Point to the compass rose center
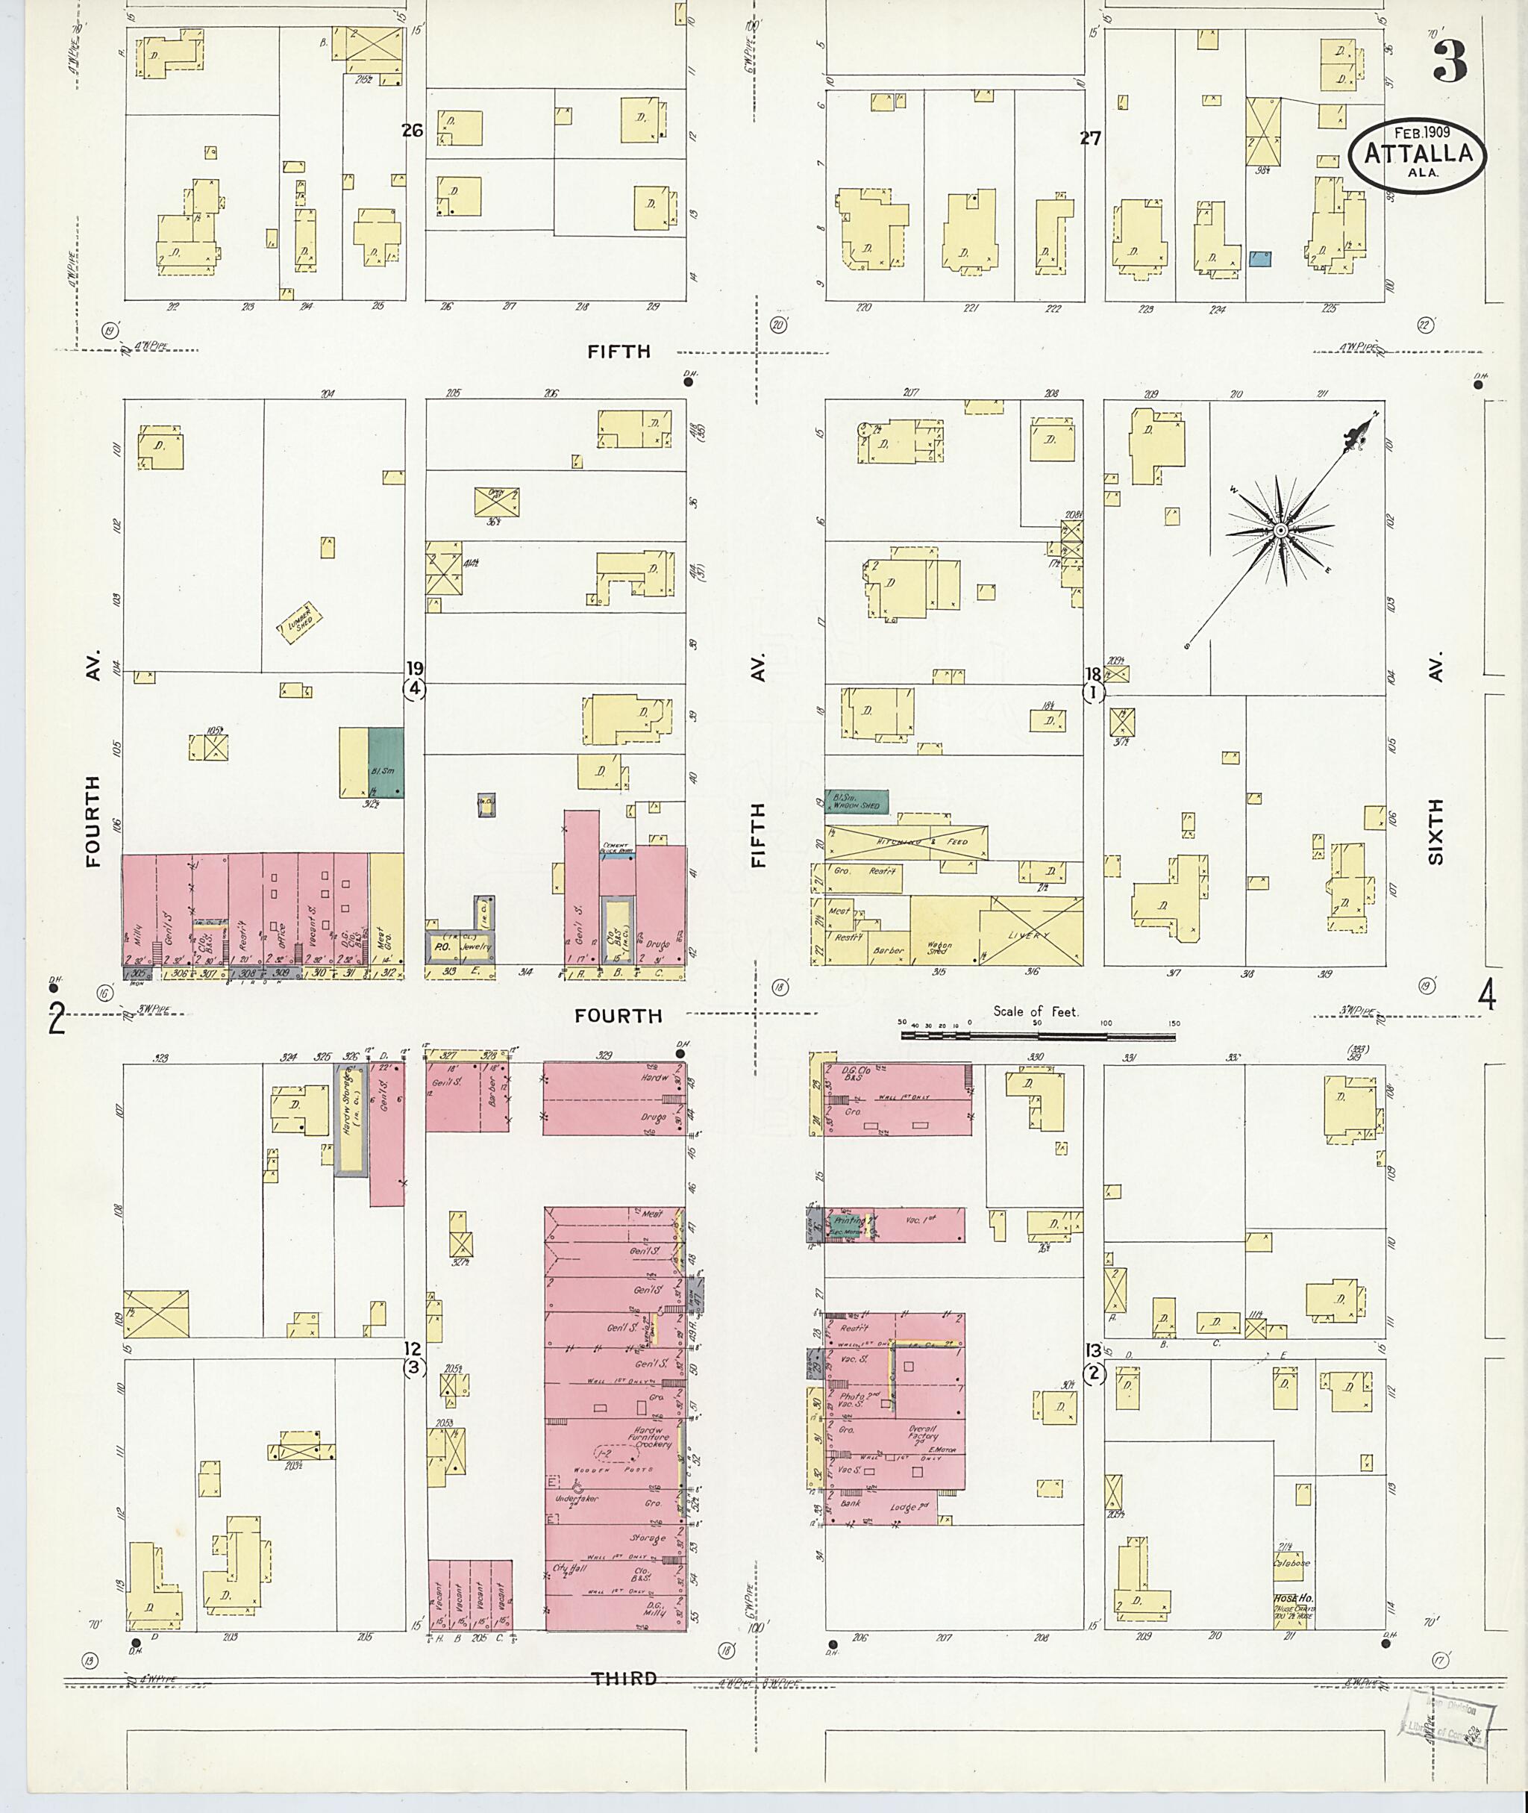pos(1280,529)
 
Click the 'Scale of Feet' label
pos(1036,1011)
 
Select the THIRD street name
pos(624,1679)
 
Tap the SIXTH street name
pos(1436,832)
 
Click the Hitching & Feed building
pos(905,843)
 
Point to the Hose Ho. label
pos(1293,1597)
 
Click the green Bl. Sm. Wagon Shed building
pos(857,802)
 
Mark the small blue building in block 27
pos(1260,258)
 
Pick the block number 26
pos(413,130)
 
